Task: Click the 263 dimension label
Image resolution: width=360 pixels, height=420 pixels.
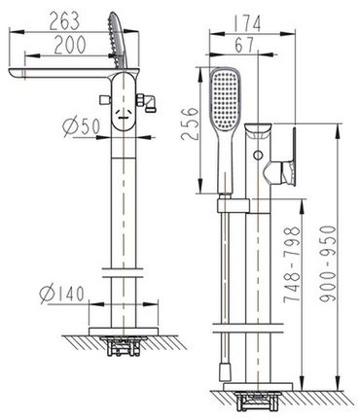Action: [64, 21]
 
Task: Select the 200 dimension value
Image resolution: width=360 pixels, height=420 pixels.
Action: [70, 45]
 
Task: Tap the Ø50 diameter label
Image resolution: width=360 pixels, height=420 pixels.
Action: [81, 126]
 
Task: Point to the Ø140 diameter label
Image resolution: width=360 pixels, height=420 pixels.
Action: [61, 294]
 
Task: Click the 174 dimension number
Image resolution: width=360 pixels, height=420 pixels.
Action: [247, 23]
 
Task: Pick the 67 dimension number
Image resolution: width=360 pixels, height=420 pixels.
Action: [244, 45]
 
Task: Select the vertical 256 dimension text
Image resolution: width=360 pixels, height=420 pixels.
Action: [190, 123]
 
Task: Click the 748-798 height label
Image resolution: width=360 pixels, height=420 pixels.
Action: [291, 264]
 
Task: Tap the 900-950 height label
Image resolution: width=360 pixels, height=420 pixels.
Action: [327, 263]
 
